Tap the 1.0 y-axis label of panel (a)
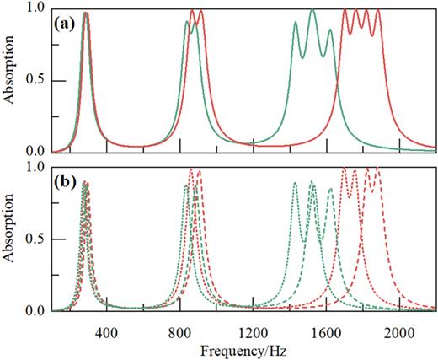[x=36, y=8]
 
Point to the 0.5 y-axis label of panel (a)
[x=36, y=80]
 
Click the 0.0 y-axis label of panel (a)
[x=36, y=152]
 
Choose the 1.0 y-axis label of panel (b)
[x=36, y=168]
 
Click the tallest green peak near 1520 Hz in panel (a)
[x=312, y=10]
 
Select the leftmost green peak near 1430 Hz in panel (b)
[x=295, y=183]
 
